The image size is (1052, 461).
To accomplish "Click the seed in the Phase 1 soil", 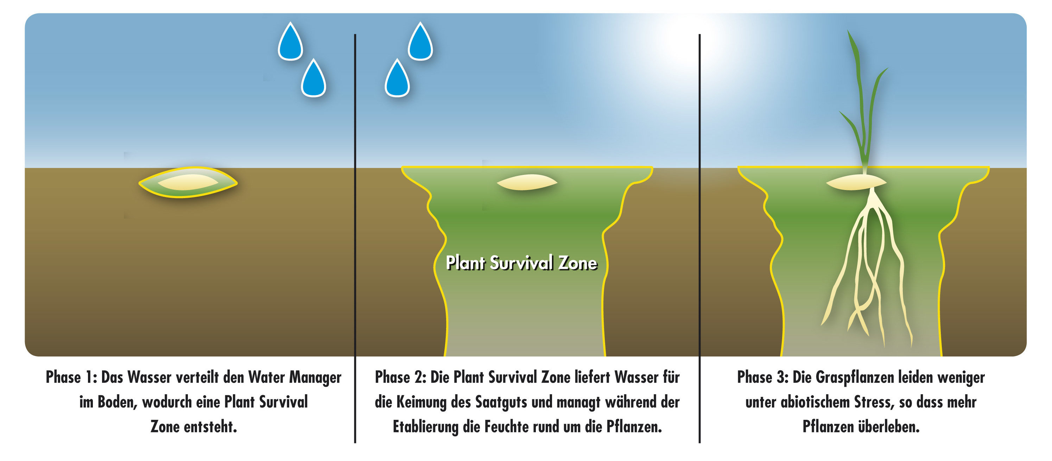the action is (x=188, y=182).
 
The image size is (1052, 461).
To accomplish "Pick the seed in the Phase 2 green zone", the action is (x=527, y=182).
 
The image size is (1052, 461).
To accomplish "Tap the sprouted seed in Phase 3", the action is (x=856, y=182).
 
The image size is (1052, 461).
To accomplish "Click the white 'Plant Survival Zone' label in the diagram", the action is (x=521, y=263).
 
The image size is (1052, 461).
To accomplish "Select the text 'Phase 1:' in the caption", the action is (x=71, y=377).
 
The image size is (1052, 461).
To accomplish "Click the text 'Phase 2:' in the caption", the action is (x=401, y=377).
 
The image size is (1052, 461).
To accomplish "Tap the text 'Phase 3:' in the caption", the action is (x=763, y=377).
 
